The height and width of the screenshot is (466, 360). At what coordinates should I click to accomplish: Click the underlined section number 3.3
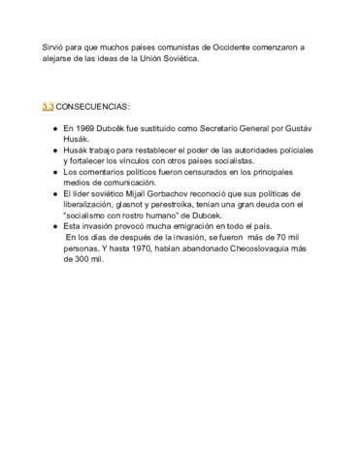[47, 105]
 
